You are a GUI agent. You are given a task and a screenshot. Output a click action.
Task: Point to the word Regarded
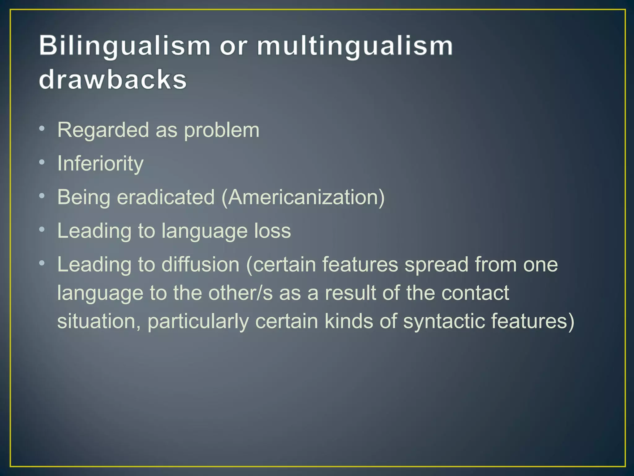103,130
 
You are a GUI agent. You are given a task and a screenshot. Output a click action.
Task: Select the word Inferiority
100,164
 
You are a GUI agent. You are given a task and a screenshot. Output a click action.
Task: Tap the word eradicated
166,197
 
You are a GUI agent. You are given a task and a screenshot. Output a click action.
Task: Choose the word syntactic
444,321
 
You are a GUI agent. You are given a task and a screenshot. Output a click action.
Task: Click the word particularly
198,322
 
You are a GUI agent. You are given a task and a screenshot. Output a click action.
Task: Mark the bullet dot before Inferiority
42,162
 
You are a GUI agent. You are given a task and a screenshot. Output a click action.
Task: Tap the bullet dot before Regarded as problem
42,128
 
